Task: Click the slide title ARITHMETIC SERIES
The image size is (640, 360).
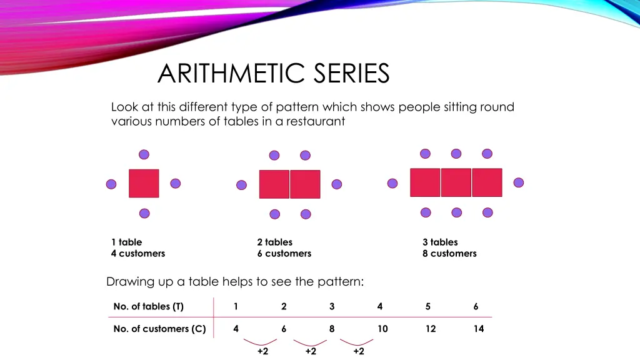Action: click(x=273, y=74)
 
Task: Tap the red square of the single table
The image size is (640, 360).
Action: click(x=144, y=183)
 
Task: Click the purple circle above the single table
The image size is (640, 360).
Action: click(x=144, y=154)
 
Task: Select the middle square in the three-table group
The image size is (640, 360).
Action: click(x=456, y=182)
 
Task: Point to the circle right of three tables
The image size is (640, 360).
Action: click(x=518, y=182)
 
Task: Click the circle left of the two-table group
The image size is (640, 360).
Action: click(x=242, y=184)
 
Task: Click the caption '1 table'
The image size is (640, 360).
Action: click(x=126, y=242)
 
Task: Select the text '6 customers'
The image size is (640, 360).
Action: click(x=284, y=253)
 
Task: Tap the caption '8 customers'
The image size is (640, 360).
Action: click(x=449, y=253)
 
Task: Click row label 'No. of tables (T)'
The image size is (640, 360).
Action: click(x=149, y=306)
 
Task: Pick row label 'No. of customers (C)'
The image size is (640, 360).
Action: click(x=159, y=329)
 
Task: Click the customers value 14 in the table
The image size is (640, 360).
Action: click(x=478, y=329)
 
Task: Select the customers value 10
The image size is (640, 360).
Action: click(x=382, y=329)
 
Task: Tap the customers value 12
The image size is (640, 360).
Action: click(x=431, y=329)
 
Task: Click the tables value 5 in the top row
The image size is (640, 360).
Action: click(x=428, y=306)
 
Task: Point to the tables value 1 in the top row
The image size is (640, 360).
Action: click(x=236, y=306)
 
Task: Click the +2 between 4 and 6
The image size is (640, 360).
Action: click(x=262, y=351)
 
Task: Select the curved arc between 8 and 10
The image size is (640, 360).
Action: click(x=357, y=342)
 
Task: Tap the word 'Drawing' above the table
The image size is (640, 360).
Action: click(x=127, y=282)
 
